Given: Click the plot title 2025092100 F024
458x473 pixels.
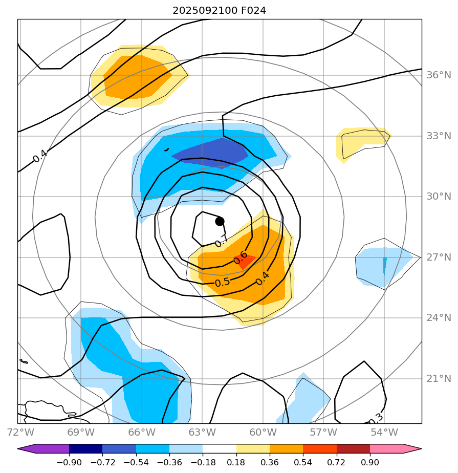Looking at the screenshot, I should pos(219,10).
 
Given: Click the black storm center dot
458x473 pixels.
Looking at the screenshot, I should pos(220,221).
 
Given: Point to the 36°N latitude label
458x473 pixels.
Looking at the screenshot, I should pos(439,75).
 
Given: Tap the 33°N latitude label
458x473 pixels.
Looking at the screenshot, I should pos(439,136).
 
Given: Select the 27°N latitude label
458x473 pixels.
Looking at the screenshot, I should pos(439,257).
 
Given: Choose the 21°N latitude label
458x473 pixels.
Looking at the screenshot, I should pos(439,379).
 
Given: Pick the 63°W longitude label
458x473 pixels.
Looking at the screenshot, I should pos(202,432).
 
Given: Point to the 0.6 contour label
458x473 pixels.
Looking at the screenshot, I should pos(241,257).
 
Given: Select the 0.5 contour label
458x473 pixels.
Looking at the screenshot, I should pos(222,282).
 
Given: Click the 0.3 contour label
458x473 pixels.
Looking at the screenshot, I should pos(376,421).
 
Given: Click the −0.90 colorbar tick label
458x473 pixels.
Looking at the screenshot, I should pos(69,463).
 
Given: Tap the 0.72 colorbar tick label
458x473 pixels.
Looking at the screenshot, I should pos(336,463).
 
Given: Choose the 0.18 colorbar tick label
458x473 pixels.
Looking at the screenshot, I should pos(236,463).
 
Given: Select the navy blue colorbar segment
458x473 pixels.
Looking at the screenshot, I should pos(85,449).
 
